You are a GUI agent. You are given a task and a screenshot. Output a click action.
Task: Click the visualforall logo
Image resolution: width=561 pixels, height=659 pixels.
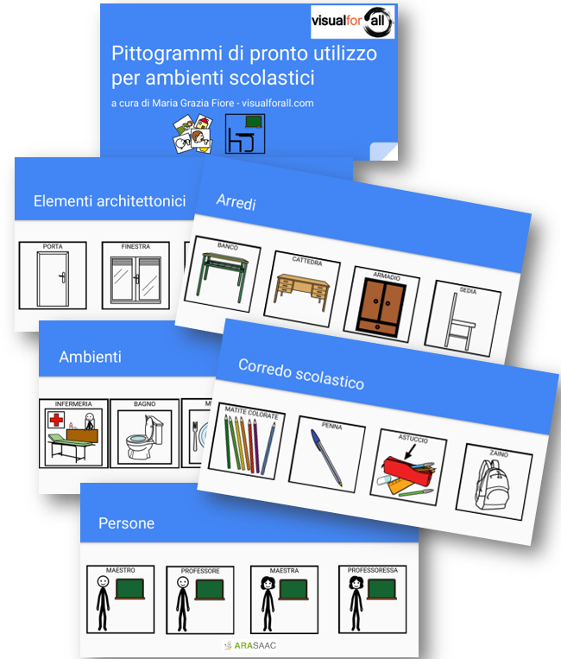[x=353, y=22]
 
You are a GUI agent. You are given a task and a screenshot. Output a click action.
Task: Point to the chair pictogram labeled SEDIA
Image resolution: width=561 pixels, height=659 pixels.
[x=464, y=320]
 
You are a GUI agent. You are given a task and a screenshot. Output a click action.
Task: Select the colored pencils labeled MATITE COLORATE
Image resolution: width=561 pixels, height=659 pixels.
[x=250, y=445]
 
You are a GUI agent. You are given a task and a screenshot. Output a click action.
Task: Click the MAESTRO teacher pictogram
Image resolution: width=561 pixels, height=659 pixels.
[x=120, y=599]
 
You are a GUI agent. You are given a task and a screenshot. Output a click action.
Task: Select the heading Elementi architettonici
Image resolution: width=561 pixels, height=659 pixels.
[x=110, y=201]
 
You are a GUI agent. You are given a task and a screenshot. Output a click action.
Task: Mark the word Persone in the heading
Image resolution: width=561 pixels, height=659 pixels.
[x=127, y=523]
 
